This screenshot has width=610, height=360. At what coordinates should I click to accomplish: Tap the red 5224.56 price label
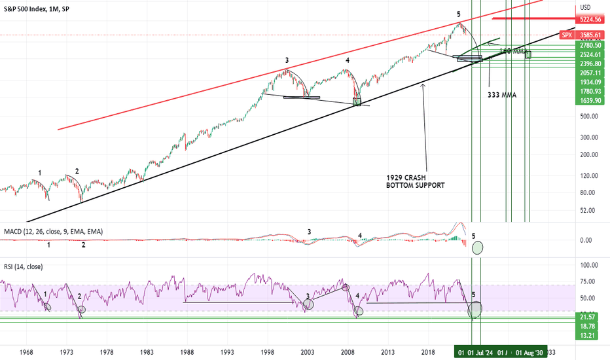590,20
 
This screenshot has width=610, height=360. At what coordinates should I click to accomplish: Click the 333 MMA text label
501,94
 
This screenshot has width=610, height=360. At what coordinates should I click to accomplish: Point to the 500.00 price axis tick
589,117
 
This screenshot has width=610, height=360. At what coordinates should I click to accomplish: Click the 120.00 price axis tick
589,175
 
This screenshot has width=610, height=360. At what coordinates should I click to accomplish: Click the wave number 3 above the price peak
287,60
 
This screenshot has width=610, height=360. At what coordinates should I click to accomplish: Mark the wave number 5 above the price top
459,14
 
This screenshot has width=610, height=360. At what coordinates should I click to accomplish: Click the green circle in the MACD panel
478,247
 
